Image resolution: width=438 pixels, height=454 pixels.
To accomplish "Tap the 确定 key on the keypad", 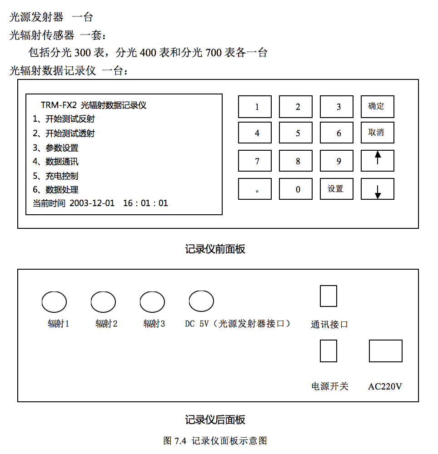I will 377,107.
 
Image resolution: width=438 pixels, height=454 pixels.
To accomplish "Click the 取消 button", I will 377,133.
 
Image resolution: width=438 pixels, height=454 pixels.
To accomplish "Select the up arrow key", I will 377,161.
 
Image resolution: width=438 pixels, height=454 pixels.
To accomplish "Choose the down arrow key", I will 377,189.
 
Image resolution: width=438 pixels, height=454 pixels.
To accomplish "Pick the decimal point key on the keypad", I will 255,189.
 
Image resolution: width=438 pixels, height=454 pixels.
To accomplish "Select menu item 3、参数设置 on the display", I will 55,148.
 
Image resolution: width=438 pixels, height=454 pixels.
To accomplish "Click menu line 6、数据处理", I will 55,190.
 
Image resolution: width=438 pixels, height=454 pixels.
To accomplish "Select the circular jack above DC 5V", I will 201,301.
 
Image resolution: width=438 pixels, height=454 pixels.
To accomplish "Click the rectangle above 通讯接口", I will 328,296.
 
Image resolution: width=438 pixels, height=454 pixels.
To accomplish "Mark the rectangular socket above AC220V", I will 385,351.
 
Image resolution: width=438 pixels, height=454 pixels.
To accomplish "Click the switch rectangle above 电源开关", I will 328,351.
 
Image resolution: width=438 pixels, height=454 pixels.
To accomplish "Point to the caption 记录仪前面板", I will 215,249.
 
